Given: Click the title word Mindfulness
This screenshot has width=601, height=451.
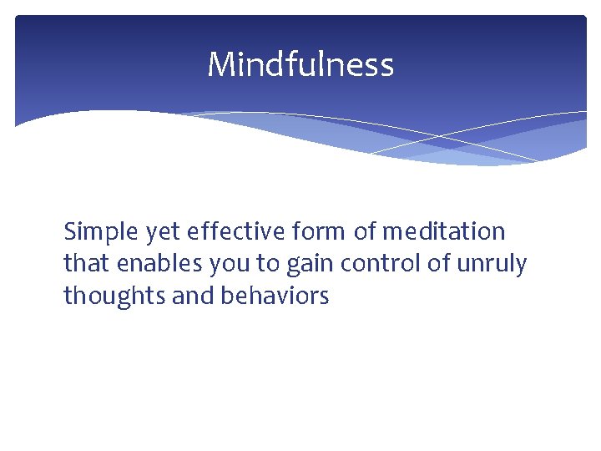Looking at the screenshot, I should (300, 64).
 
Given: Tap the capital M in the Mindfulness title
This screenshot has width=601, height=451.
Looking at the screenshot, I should (221, 64).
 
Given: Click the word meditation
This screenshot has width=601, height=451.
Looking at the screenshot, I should (444, 231).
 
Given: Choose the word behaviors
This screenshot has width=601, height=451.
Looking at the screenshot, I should (275, 296).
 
